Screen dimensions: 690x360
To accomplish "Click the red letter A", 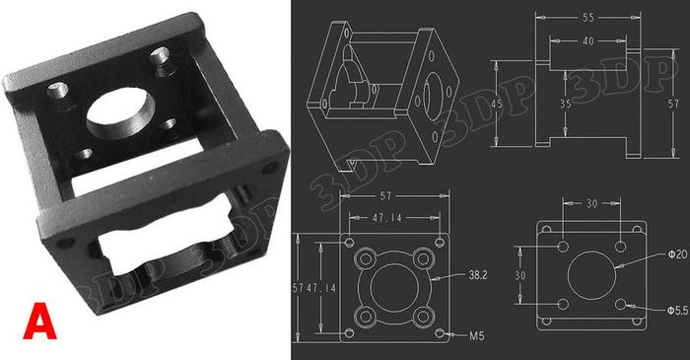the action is point(39,321).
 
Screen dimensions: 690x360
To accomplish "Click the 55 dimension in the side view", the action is point(587,18).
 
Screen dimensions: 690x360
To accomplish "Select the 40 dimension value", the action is point(587,41).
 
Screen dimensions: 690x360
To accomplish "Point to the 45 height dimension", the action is point(497,104).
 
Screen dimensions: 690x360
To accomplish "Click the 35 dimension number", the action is point(566,104).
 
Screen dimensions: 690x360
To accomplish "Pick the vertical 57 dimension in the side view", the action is point(673,104).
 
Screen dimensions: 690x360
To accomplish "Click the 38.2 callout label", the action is point(478,275).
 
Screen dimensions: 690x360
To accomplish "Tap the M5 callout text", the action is point(476,335).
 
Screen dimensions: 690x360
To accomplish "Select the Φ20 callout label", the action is point(677,254).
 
